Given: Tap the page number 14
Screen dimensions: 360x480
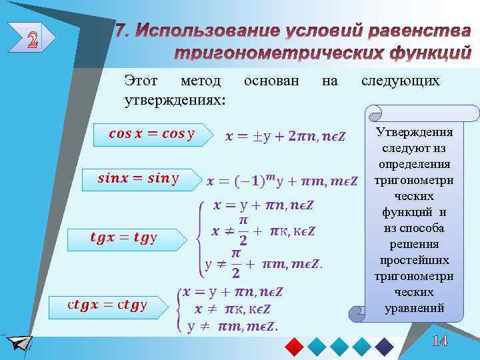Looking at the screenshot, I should pos(439,341).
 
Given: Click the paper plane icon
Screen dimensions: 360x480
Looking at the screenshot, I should pos(19,343).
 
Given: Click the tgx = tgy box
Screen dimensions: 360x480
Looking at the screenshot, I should pos(123,237).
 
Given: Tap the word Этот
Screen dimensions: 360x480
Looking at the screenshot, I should pos(141,81).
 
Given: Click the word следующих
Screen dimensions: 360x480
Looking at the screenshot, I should pos(400,81).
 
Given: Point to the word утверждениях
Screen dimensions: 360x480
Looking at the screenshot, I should pos(175,99).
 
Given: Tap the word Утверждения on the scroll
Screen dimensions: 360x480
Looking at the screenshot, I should pos(414,132).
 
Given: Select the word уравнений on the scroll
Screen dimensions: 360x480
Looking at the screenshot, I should pos(414,308).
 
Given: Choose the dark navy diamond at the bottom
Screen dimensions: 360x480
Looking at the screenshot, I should pos(385,346).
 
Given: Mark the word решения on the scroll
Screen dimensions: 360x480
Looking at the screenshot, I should pos(414,244).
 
